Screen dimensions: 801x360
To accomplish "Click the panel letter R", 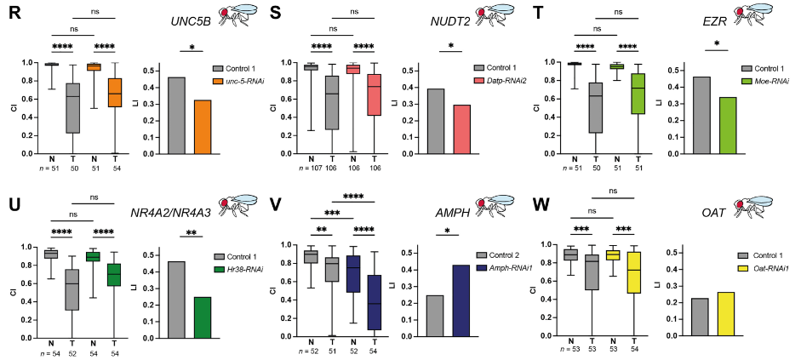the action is (14, 13).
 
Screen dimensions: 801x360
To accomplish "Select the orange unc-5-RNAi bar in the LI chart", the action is (203, 127).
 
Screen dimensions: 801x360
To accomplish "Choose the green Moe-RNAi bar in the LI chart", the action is (727, 126).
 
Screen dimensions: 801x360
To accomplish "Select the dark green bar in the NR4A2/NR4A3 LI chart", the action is (203, 317).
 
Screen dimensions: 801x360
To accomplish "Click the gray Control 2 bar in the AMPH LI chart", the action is (435, 316).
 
